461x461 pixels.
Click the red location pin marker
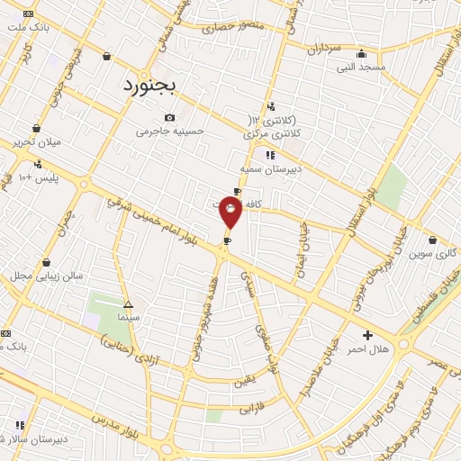[x=231, y=212]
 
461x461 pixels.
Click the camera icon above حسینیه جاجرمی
[x=170, y=117]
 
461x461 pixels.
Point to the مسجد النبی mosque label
[x=362, y=66]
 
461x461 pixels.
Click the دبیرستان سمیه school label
[x=269, y=168]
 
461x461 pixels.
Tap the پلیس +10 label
[x=39, y=176]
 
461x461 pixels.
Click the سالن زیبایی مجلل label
[x=47, y=276]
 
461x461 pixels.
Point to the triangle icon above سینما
[x=128, y=304]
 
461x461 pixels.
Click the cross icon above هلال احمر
[x=367, y=335]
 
